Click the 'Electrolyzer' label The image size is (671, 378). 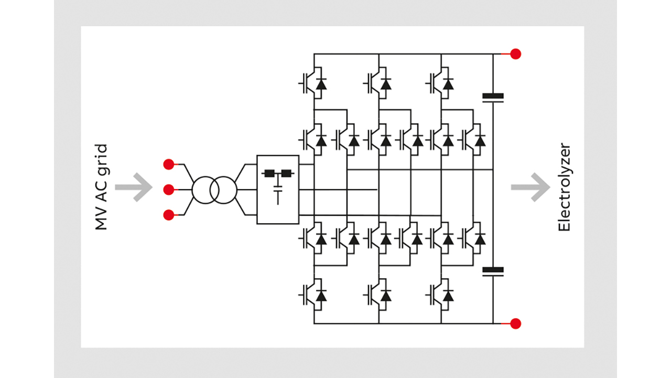[x=564, y=187]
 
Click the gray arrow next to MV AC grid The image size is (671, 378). [x=133, y=187]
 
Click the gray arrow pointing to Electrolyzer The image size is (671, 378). [x=530, y=187]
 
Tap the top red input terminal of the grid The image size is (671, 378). [x=168, y=164]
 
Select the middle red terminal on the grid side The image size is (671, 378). [x=168, y=189]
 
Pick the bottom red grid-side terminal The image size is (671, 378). [x=168, y=214]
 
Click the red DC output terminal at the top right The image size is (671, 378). [x=516, y=54]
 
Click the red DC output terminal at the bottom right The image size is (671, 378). [x=516, y=323]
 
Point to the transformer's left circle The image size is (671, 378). [x=204, y=190]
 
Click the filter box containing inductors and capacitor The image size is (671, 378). [x=277, y=190]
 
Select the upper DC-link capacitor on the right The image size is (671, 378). [x=493, y=98]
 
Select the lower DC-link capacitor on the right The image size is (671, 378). [x=493, y=271]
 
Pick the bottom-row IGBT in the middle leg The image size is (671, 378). [x=378, y=295]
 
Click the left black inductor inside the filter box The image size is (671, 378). [x=270, y=173]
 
